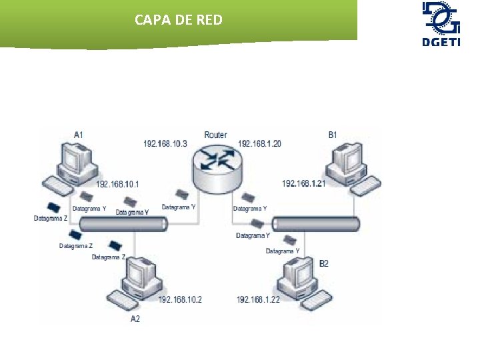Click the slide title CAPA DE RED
[x=178, y=20]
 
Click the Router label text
[x=215, y=135]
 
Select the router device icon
[x=216, y=166]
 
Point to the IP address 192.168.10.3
[x=165, y=143]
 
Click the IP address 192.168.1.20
[x=259, y=143]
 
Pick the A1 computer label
[x=79, y=135]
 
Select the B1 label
[x=333, y=135]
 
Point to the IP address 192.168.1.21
[x=303, y=183]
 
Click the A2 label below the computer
[x=135, y=319]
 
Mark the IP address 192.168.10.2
[x=180, y=300]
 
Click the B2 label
[x=323, y=264]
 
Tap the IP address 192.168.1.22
[x=259, y=300]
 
